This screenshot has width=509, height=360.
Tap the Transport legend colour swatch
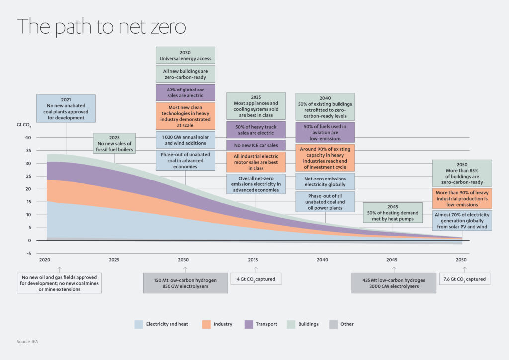pos(250,324)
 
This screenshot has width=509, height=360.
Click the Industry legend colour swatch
pos(206,324)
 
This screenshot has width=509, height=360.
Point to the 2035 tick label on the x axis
pos(253,260)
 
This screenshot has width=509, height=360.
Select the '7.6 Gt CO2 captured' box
pos(464,279)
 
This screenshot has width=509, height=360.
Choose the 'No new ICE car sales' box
pos(256,145)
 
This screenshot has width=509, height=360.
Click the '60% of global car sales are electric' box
pos(185,92)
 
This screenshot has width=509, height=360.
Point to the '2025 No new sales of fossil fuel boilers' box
pos(114,143)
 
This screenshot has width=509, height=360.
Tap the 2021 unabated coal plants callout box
pos(66,108)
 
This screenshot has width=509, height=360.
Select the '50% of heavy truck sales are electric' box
pos(256,130)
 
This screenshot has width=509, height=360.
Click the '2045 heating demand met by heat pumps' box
pos(393,213)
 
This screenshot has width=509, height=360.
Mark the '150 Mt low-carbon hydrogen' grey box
pos(185,283)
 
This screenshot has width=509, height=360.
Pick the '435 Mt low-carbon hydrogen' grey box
pos(394,283)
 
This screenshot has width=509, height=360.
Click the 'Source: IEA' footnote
pos(28,342)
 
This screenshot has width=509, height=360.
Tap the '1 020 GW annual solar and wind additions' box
pos(185,140)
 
